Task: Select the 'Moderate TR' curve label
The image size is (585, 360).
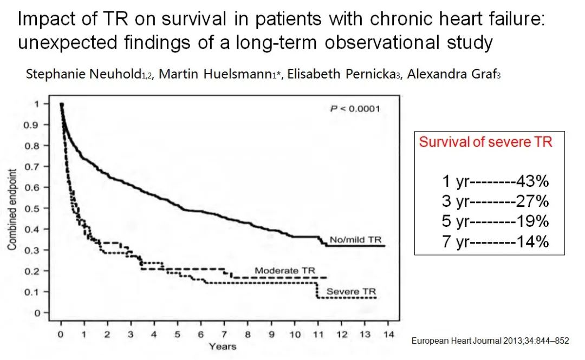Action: pos(284,271)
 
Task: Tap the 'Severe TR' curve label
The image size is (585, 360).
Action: pos(350,292)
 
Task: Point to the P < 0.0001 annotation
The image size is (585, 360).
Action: pos(355,109)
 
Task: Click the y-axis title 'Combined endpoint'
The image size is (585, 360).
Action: pos(12,208)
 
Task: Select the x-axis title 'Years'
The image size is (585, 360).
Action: pos(223,346)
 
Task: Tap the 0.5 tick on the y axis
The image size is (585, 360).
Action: pos(37,208)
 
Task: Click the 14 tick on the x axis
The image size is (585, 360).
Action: pos(388,335)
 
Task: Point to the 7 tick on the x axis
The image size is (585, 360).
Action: pos(224,335)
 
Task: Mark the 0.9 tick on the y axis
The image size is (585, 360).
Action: pos(37,125)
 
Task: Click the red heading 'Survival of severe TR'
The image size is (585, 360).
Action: pos(486,142)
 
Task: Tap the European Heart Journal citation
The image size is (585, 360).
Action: pos(490,341)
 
